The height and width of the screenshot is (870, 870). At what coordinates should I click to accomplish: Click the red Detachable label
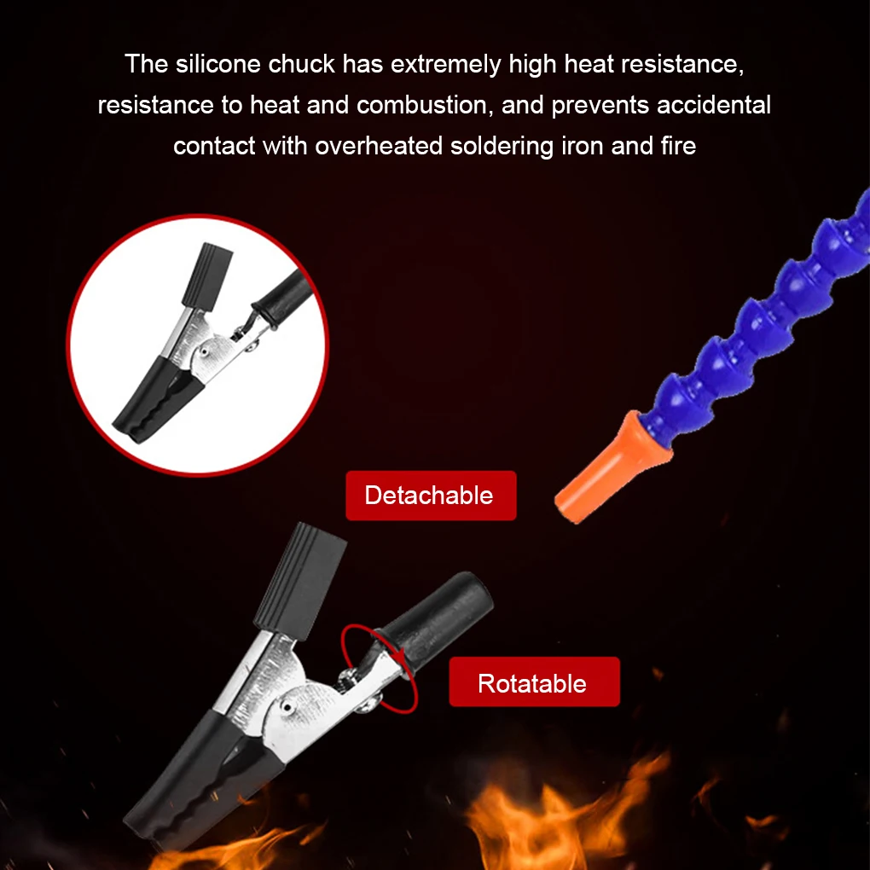point(430,496)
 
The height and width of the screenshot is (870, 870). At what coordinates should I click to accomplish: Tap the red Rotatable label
point(533,682)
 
